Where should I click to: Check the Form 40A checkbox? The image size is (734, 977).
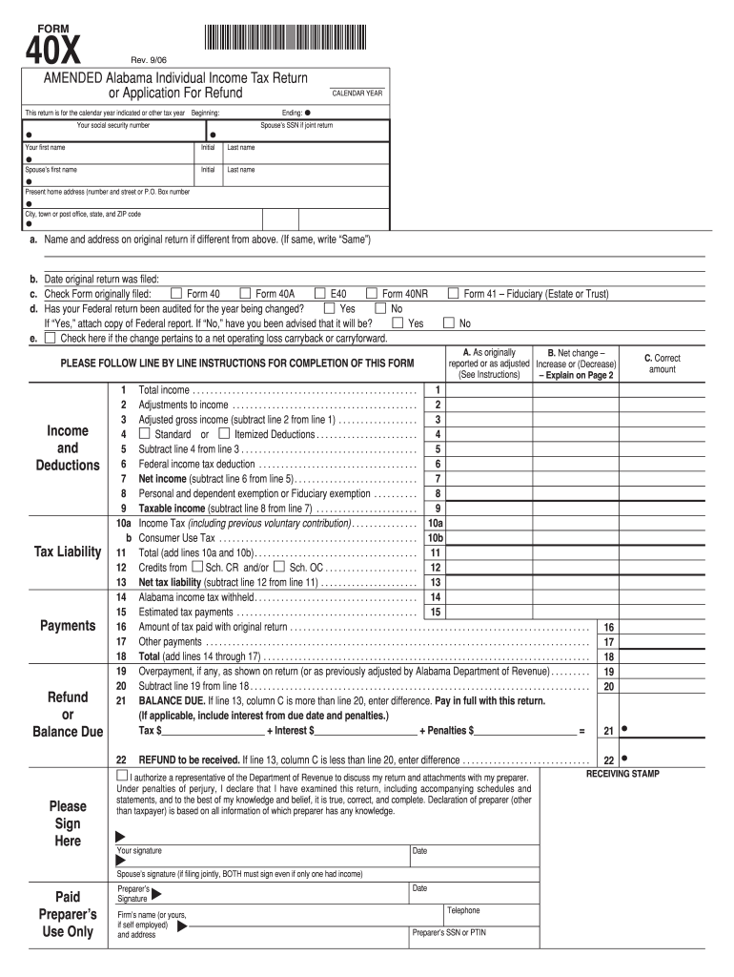click(245, 294)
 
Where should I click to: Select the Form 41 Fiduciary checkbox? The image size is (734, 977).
click(454, 294)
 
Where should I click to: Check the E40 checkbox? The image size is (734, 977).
click(320, 294)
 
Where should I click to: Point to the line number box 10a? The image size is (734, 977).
click(436, 523)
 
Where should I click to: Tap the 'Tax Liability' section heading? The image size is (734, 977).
click(68, 552)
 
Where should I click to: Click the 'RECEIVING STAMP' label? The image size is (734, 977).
click(622, 774)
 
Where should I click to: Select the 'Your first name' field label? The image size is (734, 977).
click(45, 148)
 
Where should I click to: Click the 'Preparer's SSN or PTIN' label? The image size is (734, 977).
click(449, 932)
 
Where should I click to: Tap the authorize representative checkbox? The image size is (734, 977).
click(110, 779)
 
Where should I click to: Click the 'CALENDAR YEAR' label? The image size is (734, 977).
click(357, 94)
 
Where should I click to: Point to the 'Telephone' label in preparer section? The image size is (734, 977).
click(463, 910)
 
